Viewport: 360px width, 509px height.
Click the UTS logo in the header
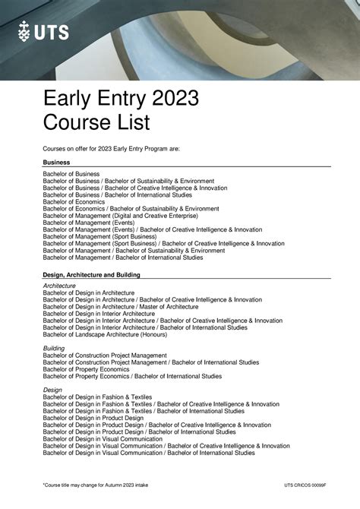(43, 31)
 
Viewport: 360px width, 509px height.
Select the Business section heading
(57, 163)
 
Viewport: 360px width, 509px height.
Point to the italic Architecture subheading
(59, 286)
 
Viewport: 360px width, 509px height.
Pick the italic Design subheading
(52, 390)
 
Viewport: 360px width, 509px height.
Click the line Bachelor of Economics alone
(74, 201)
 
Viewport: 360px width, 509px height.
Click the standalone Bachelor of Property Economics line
(86, 368)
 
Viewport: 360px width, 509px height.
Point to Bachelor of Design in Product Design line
(93, 418)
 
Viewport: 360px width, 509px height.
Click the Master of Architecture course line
(121, 306)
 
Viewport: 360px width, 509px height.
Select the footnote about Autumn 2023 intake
(93, 485)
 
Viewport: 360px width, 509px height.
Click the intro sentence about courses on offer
(111, 148)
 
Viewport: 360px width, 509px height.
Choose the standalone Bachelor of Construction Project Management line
(105, 355)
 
